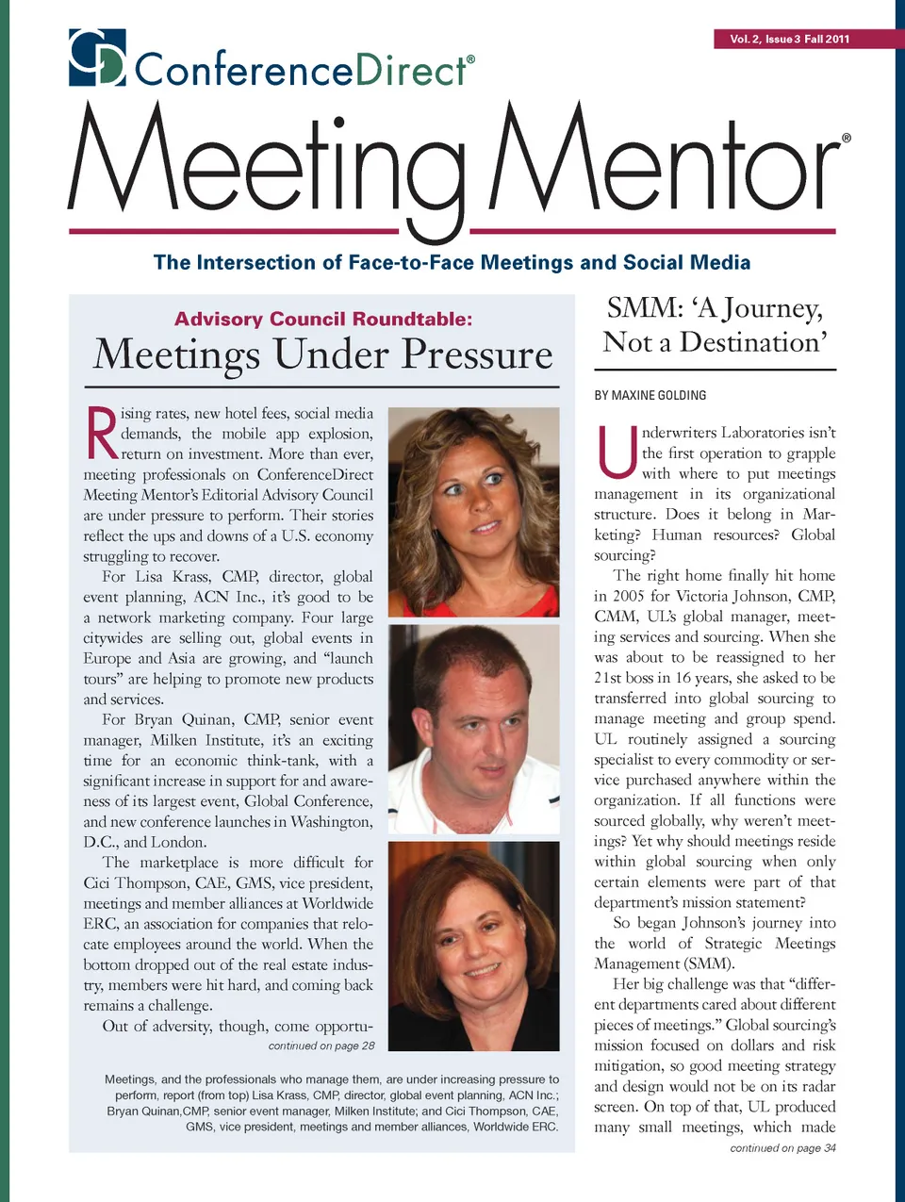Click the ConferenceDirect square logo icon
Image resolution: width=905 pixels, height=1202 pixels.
(x=97, y=58)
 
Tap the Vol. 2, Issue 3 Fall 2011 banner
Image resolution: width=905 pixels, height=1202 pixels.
(x=789, y=39)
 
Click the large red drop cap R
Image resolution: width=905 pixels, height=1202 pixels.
(x=101, y=433)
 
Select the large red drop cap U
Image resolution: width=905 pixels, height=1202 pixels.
(x=617, y=453)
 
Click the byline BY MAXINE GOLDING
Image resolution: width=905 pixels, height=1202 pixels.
(x=650, y=395)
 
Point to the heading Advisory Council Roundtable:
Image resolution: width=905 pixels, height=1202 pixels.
(x=323, y=319)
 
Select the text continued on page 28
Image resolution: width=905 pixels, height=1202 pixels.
(x=321, y=1046)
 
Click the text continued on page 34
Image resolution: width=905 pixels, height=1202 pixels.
(x=782, y=1147)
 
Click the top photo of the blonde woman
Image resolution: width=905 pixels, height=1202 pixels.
(x=473, y=511)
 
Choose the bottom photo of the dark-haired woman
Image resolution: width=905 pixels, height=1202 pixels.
(x=473, y=946)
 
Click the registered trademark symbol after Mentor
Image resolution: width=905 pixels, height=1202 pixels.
(x=847, y=138)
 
